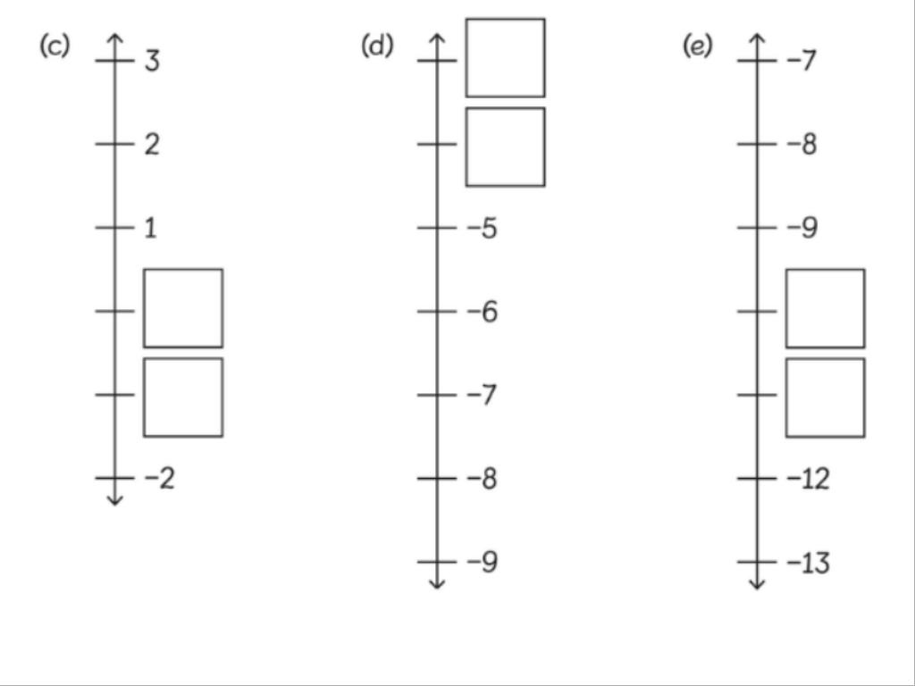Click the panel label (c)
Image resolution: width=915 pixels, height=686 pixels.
[54, 46]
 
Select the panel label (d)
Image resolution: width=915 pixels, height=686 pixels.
[377, 46]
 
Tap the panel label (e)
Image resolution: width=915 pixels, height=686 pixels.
[698, 46]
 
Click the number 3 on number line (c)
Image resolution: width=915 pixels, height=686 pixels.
[152, 62]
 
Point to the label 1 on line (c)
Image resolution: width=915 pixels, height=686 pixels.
[149, 229]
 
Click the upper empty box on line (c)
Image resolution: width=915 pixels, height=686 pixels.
[183, 308]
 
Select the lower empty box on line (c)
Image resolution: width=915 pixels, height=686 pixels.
[183, 397]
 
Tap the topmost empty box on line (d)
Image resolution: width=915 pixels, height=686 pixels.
[505, 57]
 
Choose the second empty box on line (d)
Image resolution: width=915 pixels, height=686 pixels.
[505, 146]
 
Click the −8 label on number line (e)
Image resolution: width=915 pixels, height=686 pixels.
[802, 145]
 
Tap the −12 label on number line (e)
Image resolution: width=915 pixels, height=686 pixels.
[808, 479]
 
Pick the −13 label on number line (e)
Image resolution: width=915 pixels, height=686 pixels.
[808, 563]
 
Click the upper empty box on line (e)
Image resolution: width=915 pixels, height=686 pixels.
[825, 308]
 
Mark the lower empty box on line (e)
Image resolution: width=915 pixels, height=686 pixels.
[825, 397]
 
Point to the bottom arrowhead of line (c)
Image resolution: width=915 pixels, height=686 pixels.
[114, 500]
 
